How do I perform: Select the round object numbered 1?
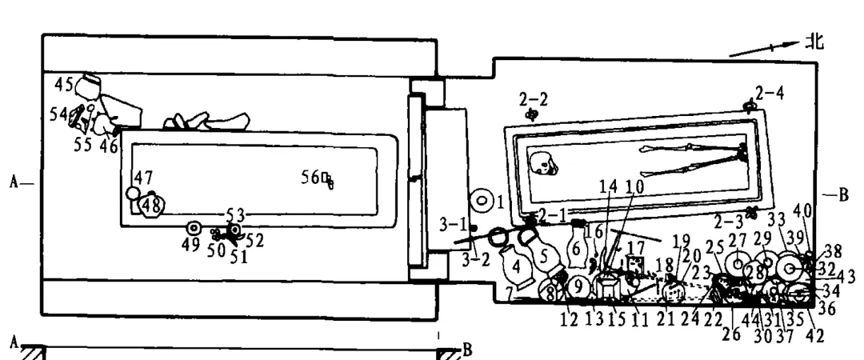tap(482, 200)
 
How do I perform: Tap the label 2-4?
tap(770, 92)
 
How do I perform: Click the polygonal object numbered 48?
tap(151, 207)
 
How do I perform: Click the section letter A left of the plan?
tap(14, 182)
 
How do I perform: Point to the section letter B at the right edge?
tap(840, 194)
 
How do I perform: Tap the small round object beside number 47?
tap(133, 194)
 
